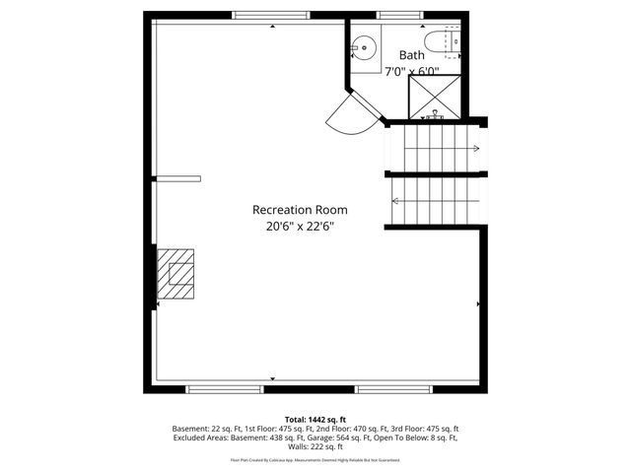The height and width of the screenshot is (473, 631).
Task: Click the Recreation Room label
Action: coord(300,210)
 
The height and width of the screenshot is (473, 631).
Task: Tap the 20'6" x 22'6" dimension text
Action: coord(300,226)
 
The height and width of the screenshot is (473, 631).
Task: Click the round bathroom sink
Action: coord(364,46)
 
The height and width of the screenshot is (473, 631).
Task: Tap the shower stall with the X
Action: coord(434,96)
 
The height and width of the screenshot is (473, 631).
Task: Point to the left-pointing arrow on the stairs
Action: coord(395,201)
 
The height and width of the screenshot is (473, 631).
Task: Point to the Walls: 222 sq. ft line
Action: coord(315,447)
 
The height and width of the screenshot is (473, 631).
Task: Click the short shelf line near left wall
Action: coord(178,178)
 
